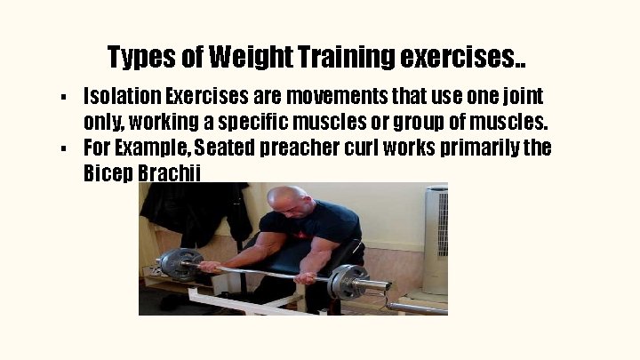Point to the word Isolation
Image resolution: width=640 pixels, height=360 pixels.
(122, 95)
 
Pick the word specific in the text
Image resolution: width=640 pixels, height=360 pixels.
(277, 121)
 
